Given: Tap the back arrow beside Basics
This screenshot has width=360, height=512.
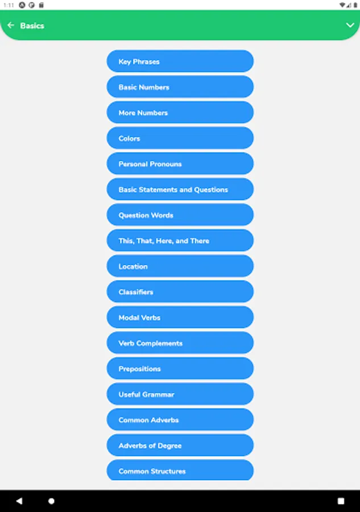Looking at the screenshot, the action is click(x=11, y=25).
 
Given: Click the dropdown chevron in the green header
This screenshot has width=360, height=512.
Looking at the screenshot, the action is click(x=350, y=25).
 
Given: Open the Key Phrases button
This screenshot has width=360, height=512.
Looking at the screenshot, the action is click(x=180, y=61).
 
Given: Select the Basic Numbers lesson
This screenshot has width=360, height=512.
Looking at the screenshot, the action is click(x=180, y=87).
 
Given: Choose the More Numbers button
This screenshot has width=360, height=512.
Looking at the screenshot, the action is click(x=180, y=112).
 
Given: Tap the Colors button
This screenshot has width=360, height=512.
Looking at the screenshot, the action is click(x=180, y=138).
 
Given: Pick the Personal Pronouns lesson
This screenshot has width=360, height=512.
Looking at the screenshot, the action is click(x=180, y=164).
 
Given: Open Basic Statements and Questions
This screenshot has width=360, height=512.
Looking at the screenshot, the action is click(x=180, y=189).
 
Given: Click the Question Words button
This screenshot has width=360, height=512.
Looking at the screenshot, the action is click(x=180, y=215).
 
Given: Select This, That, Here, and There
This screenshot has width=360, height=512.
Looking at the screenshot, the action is click(x=180, y=240).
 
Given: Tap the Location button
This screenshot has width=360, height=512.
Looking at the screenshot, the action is click(x=180, y=266).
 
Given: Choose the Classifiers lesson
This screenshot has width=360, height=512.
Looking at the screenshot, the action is click(x=180, y=292).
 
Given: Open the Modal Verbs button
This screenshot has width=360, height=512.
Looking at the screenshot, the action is click(x=180, y=317).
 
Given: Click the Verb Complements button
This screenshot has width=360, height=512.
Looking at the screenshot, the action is click(x=180, y=343).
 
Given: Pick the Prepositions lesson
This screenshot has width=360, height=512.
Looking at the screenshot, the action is click(x=180, y=368).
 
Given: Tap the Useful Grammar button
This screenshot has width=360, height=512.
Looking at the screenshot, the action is click(x=180, y=394).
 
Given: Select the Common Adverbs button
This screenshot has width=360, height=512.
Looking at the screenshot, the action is click(x=180, y=420).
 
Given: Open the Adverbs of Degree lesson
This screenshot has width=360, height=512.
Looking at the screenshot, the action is click(x=180, y=445).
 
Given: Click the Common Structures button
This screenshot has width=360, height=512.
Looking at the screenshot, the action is click(x=180, y=470).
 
